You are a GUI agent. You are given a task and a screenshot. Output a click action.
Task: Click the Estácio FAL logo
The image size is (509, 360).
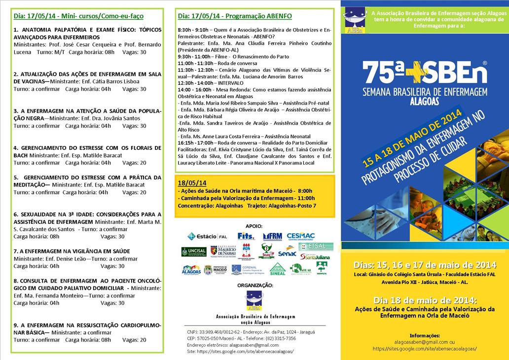[208, 236]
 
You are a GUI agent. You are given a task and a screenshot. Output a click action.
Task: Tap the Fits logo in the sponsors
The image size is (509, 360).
[246, 236]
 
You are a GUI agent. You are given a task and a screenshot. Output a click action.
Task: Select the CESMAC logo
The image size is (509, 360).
[301, 236]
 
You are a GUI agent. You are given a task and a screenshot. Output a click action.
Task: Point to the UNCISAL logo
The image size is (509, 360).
[193, 252]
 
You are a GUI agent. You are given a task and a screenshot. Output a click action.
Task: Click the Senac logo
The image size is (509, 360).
[287, 252]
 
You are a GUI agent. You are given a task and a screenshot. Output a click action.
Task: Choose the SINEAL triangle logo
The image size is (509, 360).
[278, 269]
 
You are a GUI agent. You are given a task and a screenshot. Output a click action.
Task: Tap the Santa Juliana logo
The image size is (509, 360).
[315, 256]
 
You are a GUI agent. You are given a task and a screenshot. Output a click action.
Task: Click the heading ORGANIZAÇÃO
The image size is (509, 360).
[254, 285]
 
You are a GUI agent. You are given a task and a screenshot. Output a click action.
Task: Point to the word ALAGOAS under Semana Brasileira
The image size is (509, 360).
[424, 99]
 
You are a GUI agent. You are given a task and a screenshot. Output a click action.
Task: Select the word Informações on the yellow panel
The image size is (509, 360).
[425, 335]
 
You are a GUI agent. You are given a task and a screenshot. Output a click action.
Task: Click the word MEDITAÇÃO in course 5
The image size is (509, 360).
[30, 184]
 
